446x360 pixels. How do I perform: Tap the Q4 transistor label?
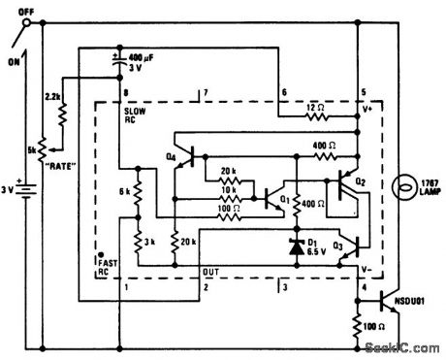(x=172, y=155)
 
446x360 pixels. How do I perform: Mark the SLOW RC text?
(x=135, y=118)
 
